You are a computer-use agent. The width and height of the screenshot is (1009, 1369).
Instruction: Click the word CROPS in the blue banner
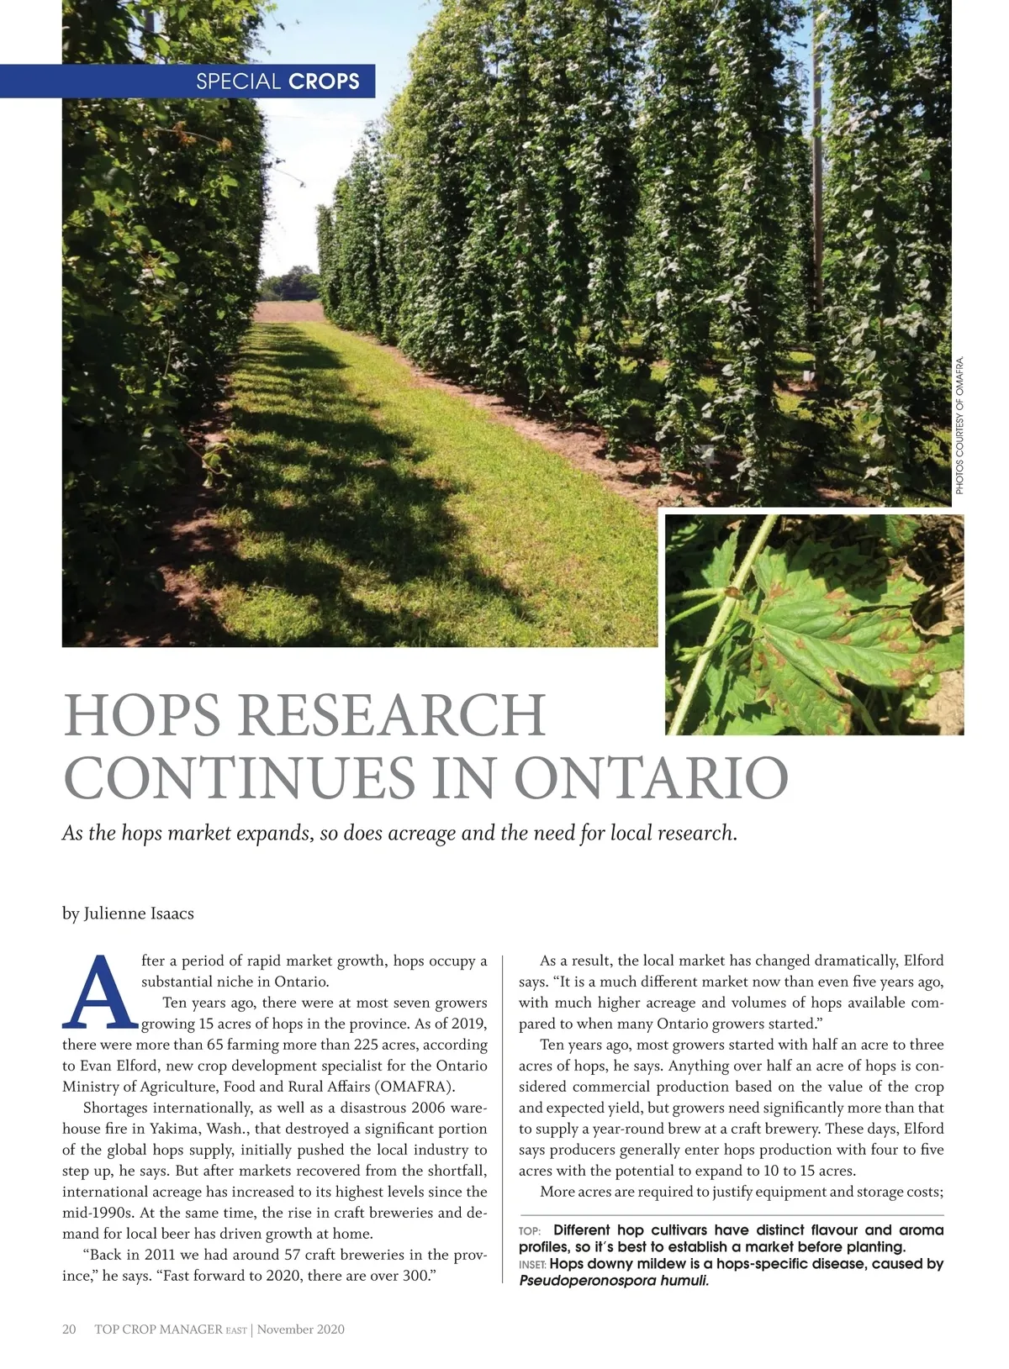pyautogui.click(x=324, y=82)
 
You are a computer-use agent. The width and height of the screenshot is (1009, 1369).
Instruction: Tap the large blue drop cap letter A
pyautogui.click(x=99, y=993)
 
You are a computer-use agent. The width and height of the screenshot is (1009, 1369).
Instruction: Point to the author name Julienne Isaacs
pyautogui.click(x=139, y=914)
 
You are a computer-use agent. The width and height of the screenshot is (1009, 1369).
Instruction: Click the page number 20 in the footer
pyautogui.click(x=69, y=1330)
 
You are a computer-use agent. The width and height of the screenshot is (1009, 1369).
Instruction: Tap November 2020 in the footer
pyautogui.click(x=301, y=1330)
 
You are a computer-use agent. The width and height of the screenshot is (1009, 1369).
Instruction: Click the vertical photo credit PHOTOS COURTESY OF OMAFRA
pyautogui.click(x=959, y=425)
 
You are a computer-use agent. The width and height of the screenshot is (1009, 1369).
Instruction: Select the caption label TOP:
pyautogui.click(x=530, y=1231)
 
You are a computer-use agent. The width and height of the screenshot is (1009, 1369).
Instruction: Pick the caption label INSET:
pyautogui.click(x=532, y=1265)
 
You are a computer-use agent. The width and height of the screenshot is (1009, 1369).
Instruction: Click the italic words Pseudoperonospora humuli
pyautogui.click(x=614, y=1281)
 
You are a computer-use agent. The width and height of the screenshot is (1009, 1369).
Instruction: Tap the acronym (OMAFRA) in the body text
pyautogui.click(x=415, y=1087)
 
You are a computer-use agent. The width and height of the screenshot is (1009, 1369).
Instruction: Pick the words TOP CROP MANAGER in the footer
pyautogui.click(x=158, y=1330)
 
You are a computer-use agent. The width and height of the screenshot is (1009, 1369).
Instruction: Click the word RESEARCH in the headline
pyautogui.click(x=392, y=716)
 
